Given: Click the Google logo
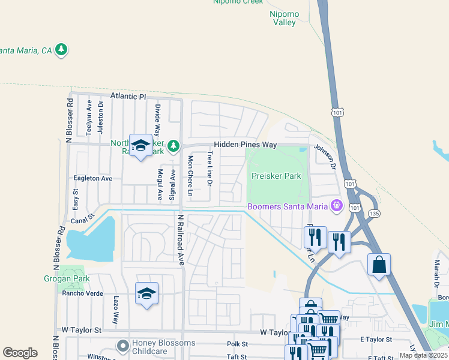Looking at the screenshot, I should click(20, 353).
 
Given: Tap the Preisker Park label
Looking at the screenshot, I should click(276, 176).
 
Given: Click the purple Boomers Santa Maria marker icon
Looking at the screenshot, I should click(337, 206).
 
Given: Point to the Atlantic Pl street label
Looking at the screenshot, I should click(128, 96).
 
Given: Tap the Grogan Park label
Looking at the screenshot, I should click(66, 278).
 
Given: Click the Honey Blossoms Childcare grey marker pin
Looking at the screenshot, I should click(122, 346).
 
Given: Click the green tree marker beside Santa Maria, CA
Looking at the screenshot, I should click(61, 50).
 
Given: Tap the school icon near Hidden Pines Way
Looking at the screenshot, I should click(141, 146).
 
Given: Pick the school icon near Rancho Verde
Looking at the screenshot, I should click(147, 294).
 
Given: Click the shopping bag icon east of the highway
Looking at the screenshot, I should click(379, 265).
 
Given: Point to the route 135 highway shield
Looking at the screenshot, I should click(375, 213).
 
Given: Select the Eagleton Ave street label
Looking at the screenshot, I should click(92, 178).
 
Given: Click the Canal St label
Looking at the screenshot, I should click(83, 220).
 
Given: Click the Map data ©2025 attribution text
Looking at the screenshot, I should click(423, 355).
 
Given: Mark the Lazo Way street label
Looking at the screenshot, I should click(116, 310).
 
